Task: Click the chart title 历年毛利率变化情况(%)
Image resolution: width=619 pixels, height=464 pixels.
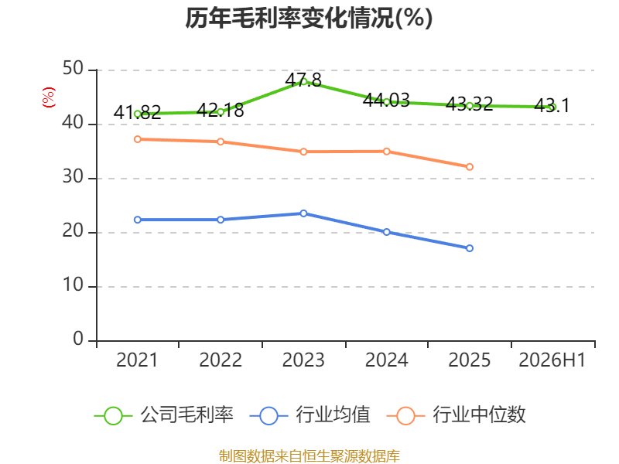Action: pos(309,18)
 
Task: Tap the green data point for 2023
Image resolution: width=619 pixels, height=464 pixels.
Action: pos(303,82)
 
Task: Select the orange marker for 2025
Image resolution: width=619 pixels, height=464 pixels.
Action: pos(470,167)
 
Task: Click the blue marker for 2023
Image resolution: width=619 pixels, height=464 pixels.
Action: pos(303,213)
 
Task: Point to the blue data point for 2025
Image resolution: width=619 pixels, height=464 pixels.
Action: pos(470,248)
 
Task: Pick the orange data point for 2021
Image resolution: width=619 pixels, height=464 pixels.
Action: pos(138,139)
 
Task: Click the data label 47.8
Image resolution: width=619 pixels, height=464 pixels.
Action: pos(303,80)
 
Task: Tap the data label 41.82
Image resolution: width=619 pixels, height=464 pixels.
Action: pos(138,112)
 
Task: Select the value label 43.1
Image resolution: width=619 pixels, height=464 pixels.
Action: pos(552,105)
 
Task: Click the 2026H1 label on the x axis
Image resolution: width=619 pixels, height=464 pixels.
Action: pos(552,360)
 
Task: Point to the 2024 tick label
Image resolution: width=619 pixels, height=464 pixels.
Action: pos(386,360)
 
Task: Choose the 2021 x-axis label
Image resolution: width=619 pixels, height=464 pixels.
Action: pos(137,360)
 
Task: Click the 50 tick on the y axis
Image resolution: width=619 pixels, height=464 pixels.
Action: pos(73,69)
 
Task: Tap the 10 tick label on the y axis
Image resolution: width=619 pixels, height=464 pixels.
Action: pos(73,285)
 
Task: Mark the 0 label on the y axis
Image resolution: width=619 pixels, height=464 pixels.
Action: pos(78,339)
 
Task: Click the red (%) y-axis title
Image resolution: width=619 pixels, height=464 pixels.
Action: pos(49,97)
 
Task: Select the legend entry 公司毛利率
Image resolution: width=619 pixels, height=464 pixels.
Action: pos(164,415)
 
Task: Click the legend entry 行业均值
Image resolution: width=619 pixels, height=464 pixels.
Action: pos(310,415)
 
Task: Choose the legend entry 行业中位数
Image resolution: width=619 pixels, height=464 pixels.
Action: pos(456,415)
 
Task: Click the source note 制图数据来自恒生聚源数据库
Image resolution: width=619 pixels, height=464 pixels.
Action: pos(309,455)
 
